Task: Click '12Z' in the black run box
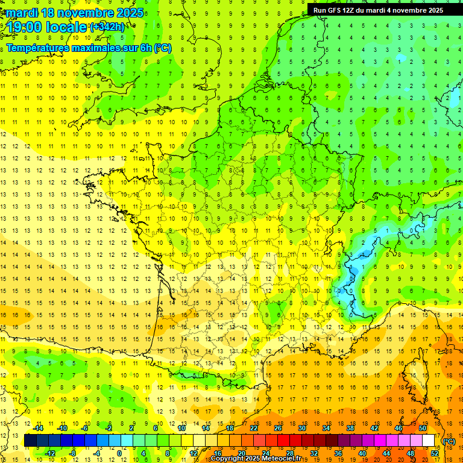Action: point(351,10)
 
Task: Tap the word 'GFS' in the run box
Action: point(335,10)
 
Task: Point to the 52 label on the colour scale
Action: point(434,453)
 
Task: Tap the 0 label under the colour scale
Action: point(119,453)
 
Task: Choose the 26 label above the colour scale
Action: point(278,428)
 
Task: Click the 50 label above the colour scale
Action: point(423,428)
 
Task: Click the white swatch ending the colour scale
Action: point(428,441)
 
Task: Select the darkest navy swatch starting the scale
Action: point(30,441)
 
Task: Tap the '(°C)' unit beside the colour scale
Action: point(449,441)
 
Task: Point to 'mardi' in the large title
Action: point(20,13)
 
